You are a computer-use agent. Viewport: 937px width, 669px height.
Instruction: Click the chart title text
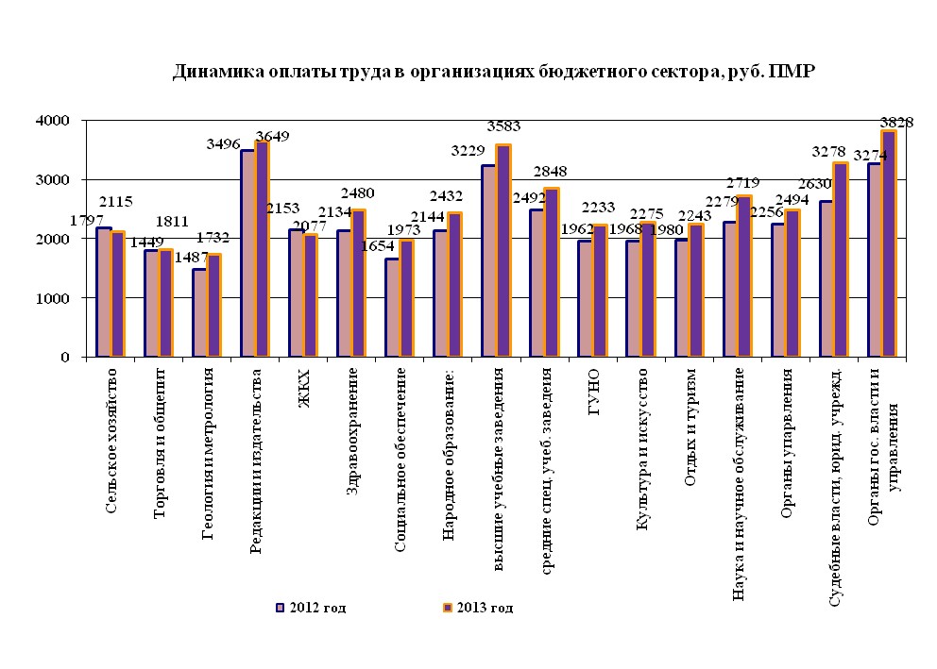click(x=492, y=73)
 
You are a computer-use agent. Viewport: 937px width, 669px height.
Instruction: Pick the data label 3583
click(x=503, y=125)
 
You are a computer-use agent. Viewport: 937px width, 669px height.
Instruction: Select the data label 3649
click(x=271, y=136)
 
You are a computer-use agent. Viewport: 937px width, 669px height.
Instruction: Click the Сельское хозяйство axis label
click(x=111, y=440)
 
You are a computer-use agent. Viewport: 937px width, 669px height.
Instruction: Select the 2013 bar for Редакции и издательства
click(x=263, y=249)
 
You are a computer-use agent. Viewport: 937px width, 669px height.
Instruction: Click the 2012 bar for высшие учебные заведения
click(x=489, y=261)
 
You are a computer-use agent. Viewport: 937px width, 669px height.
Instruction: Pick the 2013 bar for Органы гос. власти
click(x=888, y=243)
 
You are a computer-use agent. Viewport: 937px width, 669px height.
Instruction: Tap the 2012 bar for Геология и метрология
click(x=199, y=313)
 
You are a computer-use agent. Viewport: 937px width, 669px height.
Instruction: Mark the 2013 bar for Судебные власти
click(x=840, y=260)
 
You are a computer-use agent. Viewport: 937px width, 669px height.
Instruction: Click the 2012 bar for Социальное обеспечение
click(x=392, y=308)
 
